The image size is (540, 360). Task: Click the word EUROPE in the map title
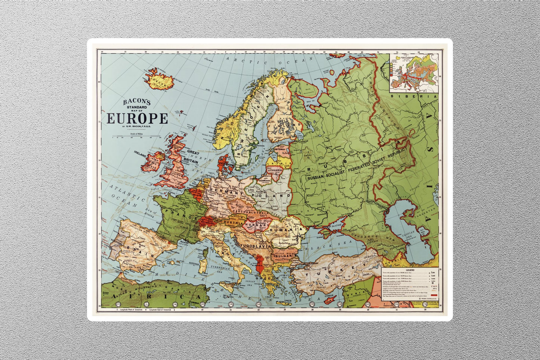click(x=137, y=118)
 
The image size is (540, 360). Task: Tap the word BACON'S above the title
click(x=137, y=102)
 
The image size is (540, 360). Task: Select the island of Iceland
click(x=160, y=80)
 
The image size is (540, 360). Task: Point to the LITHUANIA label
click(x=275, y=170)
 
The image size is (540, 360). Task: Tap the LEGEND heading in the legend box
click(x=410, y=270)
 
